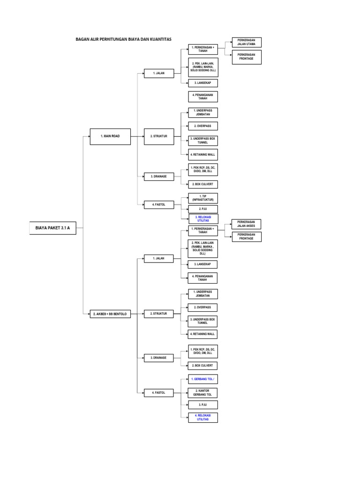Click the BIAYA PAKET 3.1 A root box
52,228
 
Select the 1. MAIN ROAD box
110,136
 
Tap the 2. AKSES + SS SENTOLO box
110,314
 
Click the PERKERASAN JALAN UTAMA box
247,42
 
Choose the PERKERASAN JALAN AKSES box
247,224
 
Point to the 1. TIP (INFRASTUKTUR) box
203,198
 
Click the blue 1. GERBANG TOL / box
203,379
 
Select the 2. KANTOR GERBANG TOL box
203,393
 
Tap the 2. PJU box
203,209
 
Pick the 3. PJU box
203,405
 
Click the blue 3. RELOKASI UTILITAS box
203,219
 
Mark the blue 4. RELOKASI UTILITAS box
203,418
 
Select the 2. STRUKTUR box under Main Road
159,136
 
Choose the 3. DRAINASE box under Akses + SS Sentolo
158,358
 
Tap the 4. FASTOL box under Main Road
159,205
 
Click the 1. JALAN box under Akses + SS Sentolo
158,259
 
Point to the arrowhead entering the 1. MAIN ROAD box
89,136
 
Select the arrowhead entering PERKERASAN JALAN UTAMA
231,42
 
